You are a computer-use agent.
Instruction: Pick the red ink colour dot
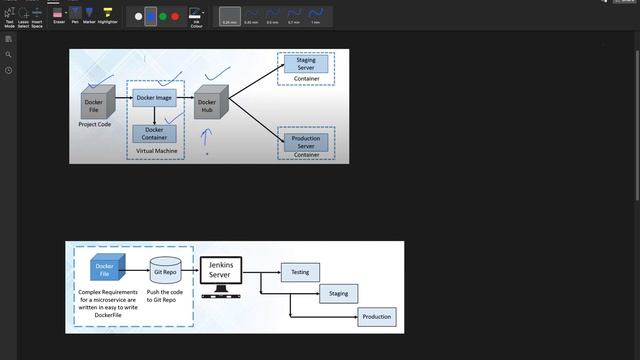pos(175,16)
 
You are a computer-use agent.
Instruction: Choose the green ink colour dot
pos(163,16)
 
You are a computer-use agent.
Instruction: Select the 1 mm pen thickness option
pos(316,16)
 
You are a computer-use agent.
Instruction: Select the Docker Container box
pos(154,133)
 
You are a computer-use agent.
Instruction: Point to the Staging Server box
pos(305,64)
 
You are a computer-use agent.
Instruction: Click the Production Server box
pos(305,141)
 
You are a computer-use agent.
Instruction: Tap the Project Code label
pos(94,125)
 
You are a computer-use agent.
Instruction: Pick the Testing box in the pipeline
pos(299,271)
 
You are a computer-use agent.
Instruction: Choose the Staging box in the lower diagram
pos(337,294)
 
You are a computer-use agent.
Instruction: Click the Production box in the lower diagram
pos(376,317)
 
